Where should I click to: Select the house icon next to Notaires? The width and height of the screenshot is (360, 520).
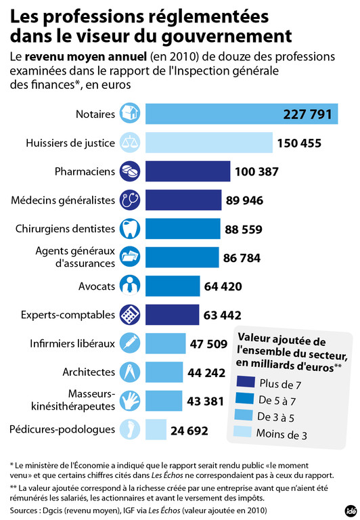click(x=130, y=113)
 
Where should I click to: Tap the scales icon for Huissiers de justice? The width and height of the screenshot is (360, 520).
click(x=130, y=142)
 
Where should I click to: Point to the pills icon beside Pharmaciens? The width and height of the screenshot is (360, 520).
click(x=130, y=171)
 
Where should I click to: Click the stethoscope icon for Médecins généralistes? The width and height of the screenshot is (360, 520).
click(x=130, y=200)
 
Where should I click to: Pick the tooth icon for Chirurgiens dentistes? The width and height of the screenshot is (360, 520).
click(x=130, y=229)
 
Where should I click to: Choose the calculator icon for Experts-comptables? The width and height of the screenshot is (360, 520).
click(x=130, y=315)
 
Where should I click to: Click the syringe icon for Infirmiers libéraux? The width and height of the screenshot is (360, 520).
click(x=130, y=343)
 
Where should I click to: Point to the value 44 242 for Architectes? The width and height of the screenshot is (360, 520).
click(x=206, y=372)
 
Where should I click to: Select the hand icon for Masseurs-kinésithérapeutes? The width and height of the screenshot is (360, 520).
click(x=130, y=401)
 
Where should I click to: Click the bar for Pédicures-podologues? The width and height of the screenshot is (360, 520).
click(x=156, y=429)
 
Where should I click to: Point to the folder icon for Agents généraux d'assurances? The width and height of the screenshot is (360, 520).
click(x=130, y=257)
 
